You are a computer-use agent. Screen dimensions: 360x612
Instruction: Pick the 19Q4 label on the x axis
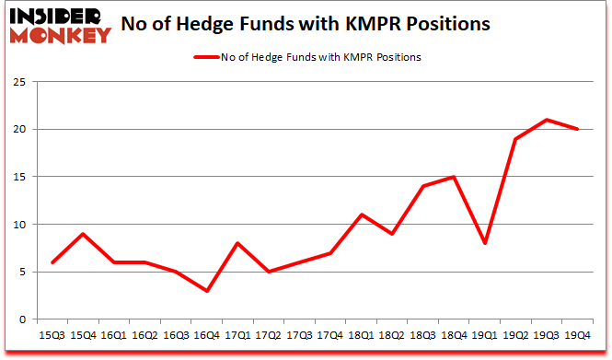coord(578,337)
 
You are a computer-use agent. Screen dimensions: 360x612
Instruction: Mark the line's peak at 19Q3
coord(547,120)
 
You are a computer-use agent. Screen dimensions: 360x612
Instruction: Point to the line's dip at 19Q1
coord(485,243)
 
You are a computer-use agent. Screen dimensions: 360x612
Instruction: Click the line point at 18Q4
coord(455,177)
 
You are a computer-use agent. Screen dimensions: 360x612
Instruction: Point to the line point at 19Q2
coord(516,139)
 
